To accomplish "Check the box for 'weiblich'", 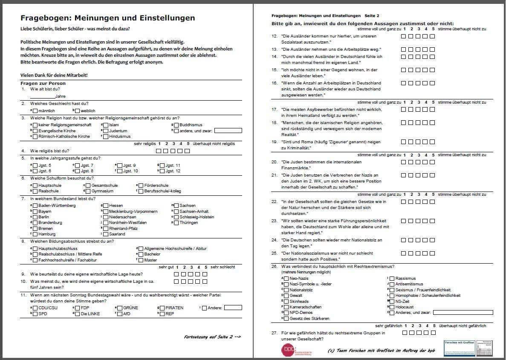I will [x=78, y=111].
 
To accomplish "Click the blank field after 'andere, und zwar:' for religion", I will [x=228, y=131].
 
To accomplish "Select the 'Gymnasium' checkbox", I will [x=88, y=191].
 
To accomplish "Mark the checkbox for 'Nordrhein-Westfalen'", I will [x=106, y=223].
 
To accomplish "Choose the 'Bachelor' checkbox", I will [x=141, y=254].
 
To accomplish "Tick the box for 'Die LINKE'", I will [x=77, y=314].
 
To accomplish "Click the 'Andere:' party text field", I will [x=233, y=308].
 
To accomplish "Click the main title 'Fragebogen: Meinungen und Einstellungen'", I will [x=108, y=18].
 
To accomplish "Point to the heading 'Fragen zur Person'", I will [x=43, y=83].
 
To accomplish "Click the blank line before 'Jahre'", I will [x=43, y=96].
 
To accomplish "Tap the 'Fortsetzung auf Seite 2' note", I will [x=212, y=337].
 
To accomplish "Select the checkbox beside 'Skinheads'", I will [x=286, y=301].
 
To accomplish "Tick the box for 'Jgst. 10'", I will [x=120, y=171].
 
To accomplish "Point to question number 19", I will [x=275, y=142].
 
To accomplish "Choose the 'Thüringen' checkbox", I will [x=176, y=223].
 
